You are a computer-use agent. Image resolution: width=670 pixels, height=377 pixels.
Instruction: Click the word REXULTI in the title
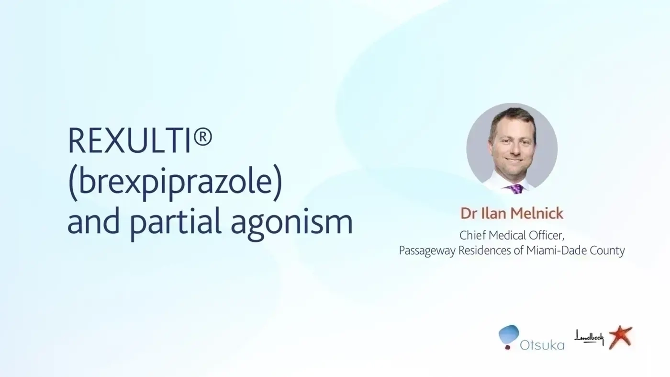coord(129,140)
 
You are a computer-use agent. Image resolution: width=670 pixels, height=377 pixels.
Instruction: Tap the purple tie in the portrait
coord(515,189)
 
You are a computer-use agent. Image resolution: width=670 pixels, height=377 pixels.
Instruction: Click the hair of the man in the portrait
coord(512,117)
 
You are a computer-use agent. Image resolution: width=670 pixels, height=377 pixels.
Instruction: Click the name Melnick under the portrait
coord(537,213)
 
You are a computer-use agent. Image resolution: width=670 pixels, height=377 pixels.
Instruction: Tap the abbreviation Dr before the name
coord(469,213)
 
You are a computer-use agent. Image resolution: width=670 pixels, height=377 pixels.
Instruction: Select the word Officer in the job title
coord(547,236)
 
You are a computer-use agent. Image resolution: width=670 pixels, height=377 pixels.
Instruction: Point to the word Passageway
coord(427,251)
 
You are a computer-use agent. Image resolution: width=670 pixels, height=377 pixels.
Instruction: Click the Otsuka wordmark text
coord(542,345)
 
